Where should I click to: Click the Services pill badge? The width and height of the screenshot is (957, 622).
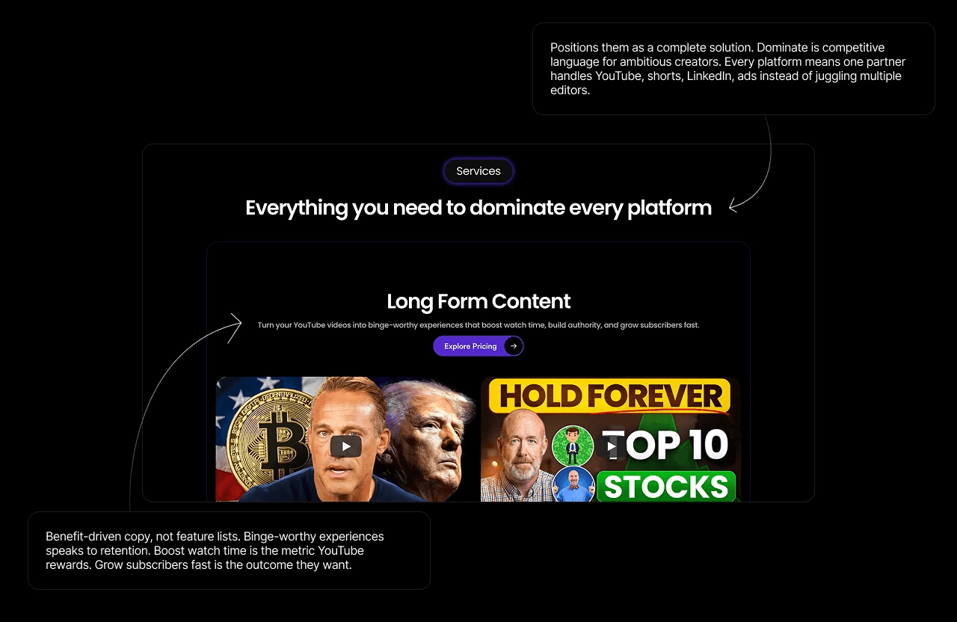[478, 171]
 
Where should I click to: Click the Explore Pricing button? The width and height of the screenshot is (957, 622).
[470, 346]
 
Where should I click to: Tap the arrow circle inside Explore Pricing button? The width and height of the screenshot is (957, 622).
[514, 346]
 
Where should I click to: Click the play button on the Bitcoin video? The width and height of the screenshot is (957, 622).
[345, 446]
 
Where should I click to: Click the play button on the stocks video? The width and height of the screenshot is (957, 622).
[611, 446]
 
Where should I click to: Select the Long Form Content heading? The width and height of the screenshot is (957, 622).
[478, 301]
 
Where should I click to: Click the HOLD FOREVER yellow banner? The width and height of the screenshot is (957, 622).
[609, 395]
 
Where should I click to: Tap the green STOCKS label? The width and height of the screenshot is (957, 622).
[666, 487]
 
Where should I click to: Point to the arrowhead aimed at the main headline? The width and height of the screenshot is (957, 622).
[733, 205]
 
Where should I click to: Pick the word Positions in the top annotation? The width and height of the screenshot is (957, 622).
[575, 47]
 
